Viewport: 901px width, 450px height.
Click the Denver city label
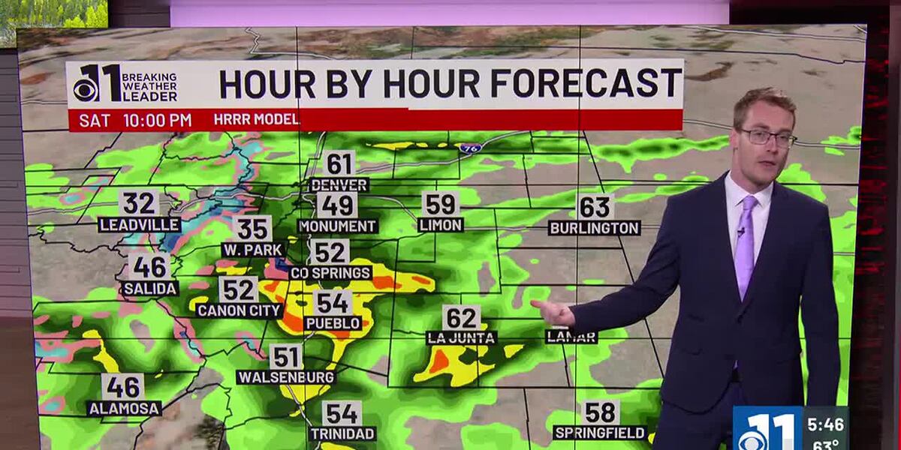tap(339, 184)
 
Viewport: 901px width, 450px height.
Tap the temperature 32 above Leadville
tap(140, 203)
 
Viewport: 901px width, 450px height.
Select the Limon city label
tap(441, 224)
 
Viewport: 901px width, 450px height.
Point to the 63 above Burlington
tap(595, 206)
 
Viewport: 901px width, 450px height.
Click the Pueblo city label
tap(333, 323)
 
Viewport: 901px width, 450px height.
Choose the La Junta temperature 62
tap(461, 317)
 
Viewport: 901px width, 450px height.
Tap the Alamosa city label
tap(124, 409)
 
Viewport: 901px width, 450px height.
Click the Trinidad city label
tap(342, 433)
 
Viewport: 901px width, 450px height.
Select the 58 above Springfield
tap(601, 412)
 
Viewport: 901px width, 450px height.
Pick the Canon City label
tap(239, 310)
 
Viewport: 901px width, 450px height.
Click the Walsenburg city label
tap(285, 377)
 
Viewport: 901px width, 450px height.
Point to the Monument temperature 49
tap(337, 205)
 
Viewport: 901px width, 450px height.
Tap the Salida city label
tap(149, 288)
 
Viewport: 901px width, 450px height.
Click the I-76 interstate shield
tap(471, 148)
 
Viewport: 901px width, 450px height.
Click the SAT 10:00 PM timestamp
tap(135, 120)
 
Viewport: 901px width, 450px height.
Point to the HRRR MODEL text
tap(256, 120)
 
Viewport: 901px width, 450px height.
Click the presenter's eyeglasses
tap(767, 137)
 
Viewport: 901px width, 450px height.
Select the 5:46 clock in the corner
tap(825, 424)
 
